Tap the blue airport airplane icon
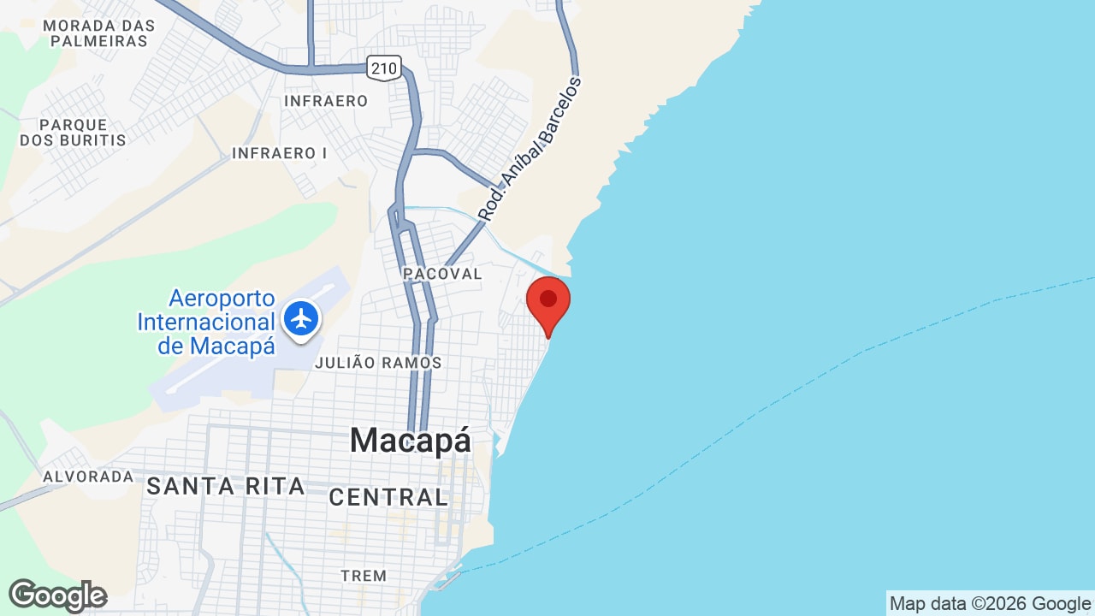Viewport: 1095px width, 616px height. (301, 318)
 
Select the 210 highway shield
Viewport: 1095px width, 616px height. (384, 67)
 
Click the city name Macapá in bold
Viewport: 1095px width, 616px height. (410, 440)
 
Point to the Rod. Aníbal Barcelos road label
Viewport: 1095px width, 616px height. (530, 150)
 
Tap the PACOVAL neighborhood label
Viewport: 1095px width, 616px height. (443, 274)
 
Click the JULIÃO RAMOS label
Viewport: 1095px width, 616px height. (378, 363)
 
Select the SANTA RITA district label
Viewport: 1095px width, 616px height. (225, 486)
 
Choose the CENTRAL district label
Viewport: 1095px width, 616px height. (388, 496)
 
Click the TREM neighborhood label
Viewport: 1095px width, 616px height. (364, 576)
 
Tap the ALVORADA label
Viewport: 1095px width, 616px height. (88, 476)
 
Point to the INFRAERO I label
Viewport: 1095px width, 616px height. (280, 153)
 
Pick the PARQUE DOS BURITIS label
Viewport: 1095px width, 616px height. (73, 133)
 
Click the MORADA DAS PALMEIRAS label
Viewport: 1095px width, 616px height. (98, 33)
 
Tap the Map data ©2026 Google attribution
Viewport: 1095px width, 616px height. (990, 604)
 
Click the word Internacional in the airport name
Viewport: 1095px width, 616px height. (206, 323)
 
